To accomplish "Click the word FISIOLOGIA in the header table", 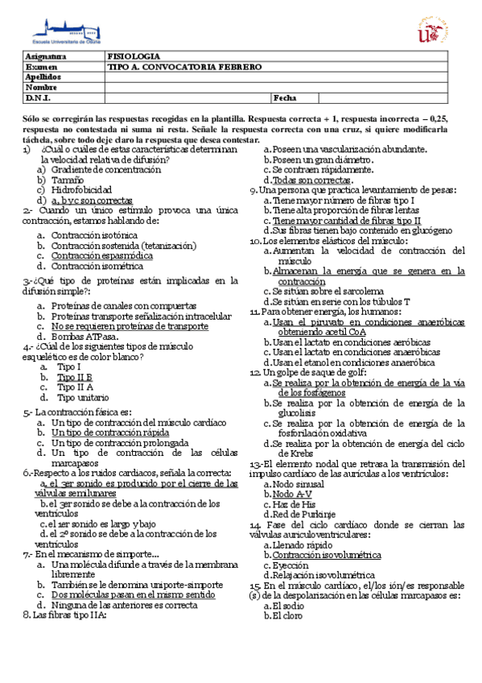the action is pos(133,58).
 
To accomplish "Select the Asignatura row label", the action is pos(46,58).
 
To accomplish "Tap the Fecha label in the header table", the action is pos(285,97).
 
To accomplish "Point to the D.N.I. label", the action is pos(39,97).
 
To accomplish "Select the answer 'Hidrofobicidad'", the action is pos(83,191).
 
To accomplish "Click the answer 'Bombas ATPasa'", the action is pos(83,337).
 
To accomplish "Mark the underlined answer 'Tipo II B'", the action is pos(74,376).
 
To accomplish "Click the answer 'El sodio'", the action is pos(289,606).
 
